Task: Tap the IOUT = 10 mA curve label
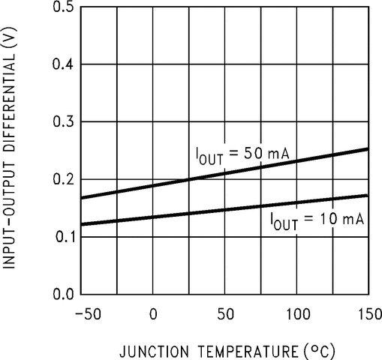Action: click(317, 219)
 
